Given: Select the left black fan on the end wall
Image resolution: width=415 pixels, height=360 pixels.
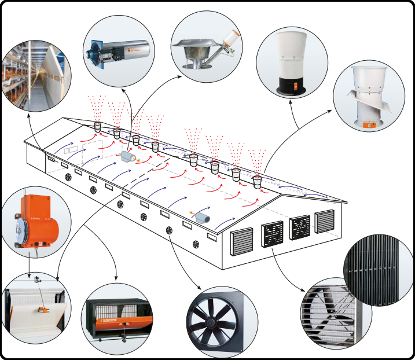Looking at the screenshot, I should [273, 233].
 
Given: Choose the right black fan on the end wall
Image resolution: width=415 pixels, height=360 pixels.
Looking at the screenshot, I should [300, 226].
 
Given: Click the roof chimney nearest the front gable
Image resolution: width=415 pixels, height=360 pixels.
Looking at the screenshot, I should [257, 181].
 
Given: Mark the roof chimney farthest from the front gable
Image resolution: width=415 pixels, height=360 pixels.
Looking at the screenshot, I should [97, 126].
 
